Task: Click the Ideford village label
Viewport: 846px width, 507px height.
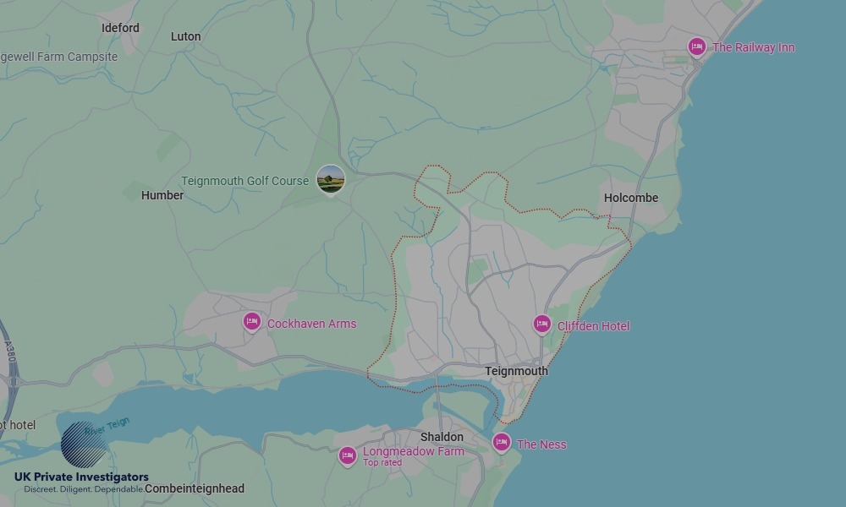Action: point(120,28)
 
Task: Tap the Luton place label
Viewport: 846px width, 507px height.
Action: point(185,36)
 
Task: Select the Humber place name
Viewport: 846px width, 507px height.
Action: point(162,195)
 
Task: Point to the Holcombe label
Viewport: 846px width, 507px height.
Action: point(631,198)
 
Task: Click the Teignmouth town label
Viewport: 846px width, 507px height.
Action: point(516,371)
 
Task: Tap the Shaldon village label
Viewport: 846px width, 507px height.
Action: point(442,437)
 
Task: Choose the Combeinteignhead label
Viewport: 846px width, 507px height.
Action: point(195,488)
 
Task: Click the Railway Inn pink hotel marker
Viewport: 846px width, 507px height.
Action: point(697,46)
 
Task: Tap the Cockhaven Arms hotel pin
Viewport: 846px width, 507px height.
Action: point(251,322)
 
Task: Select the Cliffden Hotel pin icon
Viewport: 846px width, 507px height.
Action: point(542,324)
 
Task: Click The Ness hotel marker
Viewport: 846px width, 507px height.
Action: point(502,442)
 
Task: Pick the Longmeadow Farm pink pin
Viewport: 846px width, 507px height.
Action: point(347,455)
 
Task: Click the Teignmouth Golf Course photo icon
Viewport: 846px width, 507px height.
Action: point(331,179)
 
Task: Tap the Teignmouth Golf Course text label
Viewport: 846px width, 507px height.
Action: point(244,181)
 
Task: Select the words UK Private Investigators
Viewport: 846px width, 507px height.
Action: point(81,477)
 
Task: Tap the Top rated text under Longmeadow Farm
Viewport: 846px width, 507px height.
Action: point(382,463)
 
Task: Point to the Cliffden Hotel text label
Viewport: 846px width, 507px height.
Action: point(593,326)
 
